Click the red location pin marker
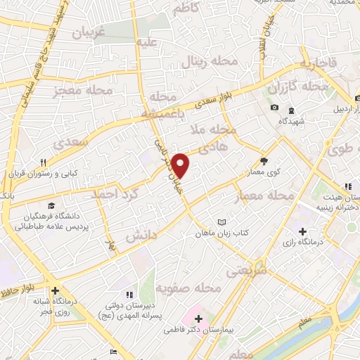coord(181,165)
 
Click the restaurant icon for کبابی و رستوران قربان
coord(43,163)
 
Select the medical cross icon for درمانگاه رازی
coord(302,231)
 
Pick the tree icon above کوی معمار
coord(264,160)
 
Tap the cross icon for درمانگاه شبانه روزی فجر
coord(54,290)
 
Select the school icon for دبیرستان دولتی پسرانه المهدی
coord(129,294)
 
